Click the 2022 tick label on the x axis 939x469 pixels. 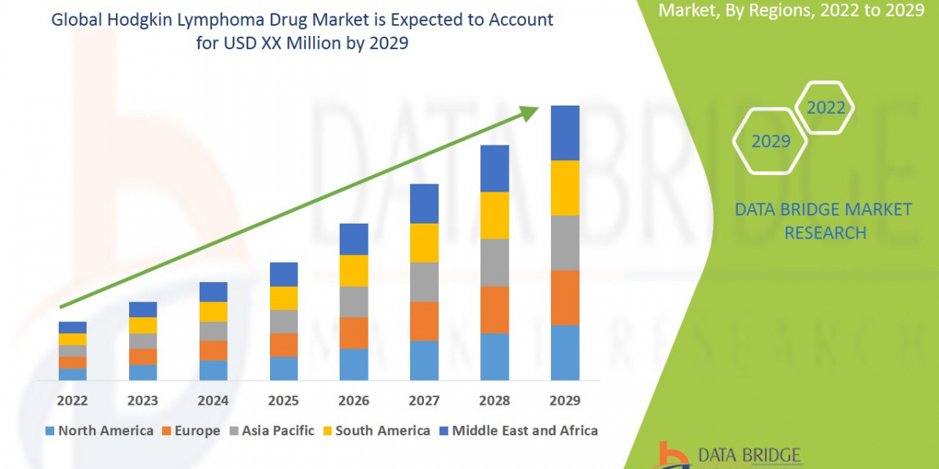point(72,401)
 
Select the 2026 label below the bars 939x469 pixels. point(354,401)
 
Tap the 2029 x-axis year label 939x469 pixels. point(565,401)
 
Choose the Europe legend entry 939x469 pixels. point(192,431)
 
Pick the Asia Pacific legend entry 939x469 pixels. point(272,431)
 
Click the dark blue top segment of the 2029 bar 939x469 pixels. point(565,133)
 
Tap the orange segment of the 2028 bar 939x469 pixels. point(495,310)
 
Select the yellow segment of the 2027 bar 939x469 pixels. point(424,242)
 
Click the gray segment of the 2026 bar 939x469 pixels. point(354,302)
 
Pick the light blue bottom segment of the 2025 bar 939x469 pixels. point(283,368)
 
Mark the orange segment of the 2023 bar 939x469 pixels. point(142,356)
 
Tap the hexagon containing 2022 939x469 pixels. point(825,108)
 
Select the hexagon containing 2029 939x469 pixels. point(770,141)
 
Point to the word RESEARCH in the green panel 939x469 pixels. point(825,233)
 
